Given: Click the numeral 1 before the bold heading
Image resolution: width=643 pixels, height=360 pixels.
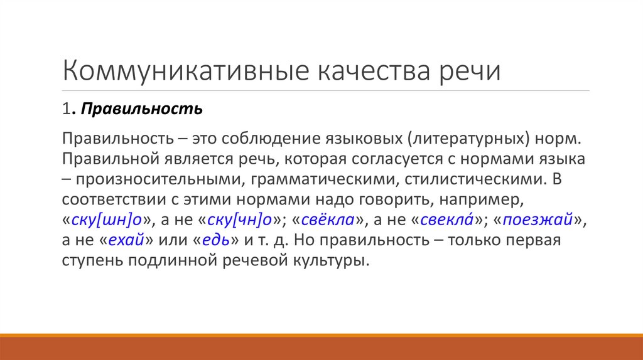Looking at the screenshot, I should pos(66,110).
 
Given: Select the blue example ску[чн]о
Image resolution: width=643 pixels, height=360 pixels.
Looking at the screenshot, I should pos(237,221).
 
